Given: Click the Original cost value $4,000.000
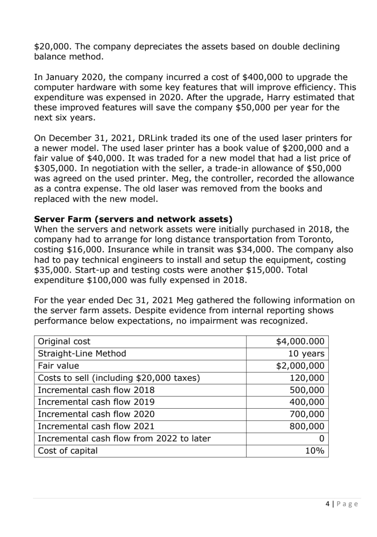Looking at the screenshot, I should pyautogui.click(x=300, y=341).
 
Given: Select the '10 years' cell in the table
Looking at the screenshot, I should pyautogui.click(x=306, y=353).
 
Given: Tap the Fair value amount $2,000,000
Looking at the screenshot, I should pyautogui.click(x=300, y=365).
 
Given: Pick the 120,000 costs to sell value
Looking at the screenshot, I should pyautogui.click(x=307, y=378).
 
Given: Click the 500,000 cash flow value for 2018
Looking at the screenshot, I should pyautogui.click(x=307, y=390).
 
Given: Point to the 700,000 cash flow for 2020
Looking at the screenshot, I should pyautogui.click(x=307, y=414).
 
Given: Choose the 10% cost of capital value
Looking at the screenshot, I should pyautogui.click(x=315, y=451).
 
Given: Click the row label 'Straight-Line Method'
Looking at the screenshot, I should pyautogui.click(x=82, y=353).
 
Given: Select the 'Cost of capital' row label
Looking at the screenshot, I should pyautogui.click(x=68, y=451).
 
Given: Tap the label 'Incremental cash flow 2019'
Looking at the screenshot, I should pyautogui.click(x=96, y=402).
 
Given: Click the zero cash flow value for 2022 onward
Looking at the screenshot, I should pyautogui.click(x=321, y=438).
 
